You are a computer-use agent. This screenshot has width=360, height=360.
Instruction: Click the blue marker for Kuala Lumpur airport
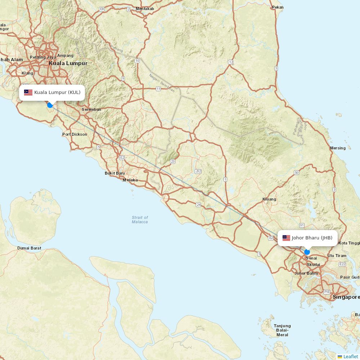tap(50, 105)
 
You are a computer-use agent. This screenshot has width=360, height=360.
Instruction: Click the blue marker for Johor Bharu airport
tap(307, 252)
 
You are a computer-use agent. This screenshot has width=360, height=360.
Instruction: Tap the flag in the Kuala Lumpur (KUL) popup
tap(28, 93)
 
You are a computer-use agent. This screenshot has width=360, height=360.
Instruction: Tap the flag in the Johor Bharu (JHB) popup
tap(286, 238)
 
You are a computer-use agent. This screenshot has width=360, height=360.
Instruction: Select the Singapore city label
tap(346, 297)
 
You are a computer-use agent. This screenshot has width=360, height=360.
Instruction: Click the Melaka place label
tap(130, 180)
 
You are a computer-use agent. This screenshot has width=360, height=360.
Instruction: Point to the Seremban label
tap(91, 109)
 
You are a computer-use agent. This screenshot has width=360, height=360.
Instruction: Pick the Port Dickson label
tap(75, 134)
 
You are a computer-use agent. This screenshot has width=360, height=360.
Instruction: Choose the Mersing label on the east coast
tap(338, 148)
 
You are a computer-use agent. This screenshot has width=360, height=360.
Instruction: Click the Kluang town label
tap(269, 199)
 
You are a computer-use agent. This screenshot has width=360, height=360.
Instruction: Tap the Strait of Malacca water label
tap(140, 220)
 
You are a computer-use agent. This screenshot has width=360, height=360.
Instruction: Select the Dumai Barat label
tap(29, 248)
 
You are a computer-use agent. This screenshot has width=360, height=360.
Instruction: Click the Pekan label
tap(278, 7)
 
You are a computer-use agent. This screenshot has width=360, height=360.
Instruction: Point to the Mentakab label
tap(145, 9)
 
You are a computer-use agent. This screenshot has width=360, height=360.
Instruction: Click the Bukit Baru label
tap(115, 173)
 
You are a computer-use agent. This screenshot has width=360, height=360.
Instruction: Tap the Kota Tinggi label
tap(348, 243)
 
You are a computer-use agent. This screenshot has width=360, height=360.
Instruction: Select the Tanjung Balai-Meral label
tap(282, 330)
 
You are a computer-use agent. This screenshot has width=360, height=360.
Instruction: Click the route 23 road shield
tap(173, 162)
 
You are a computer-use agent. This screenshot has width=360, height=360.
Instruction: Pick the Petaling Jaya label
tap(43, 57)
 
